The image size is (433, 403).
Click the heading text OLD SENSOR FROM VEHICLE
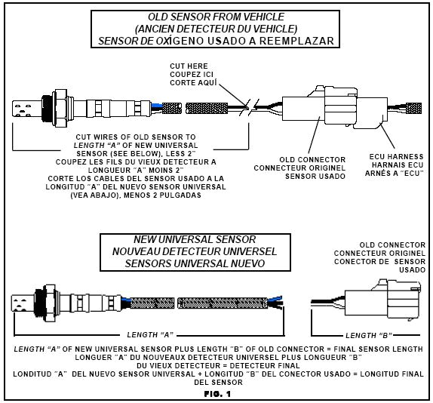pos(217,17)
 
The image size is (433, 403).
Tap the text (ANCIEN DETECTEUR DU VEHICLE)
pos(217,28)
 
